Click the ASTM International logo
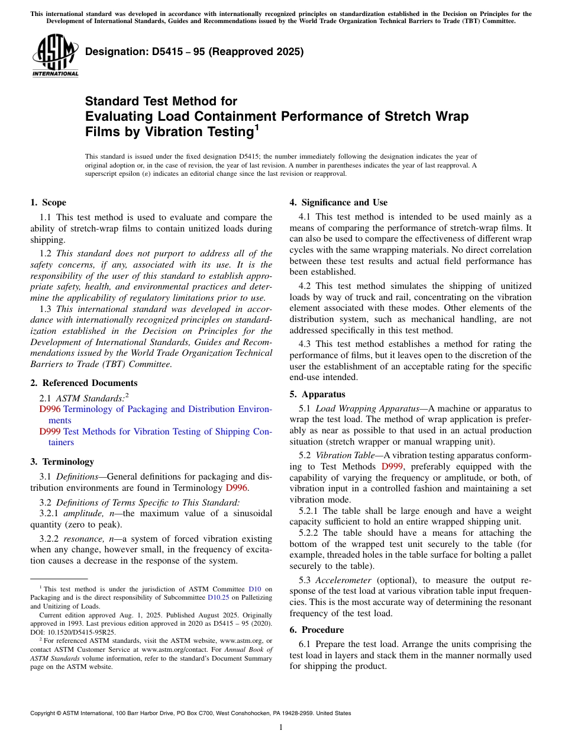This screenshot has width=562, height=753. point(54,56)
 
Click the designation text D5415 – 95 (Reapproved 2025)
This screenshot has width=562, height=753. point(194,52)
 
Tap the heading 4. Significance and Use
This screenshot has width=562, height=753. point(338,202)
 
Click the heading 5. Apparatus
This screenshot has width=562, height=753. point(317,394)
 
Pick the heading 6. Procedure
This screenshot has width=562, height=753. point(316,629)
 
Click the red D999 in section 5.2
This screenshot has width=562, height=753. point(392,466)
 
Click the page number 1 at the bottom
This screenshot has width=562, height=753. point(281,727)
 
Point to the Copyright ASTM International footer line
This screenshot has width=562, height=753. point(190,713)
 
